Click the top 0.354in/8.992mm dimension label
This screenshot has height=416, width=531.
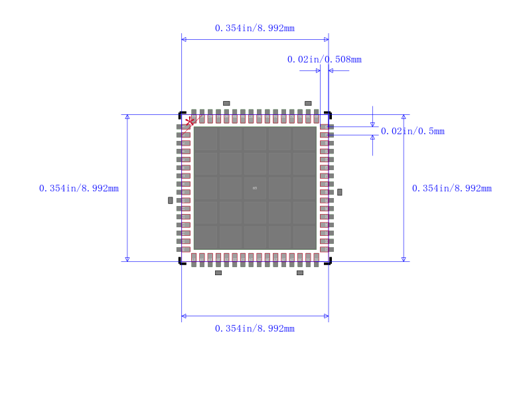tap(254, 28)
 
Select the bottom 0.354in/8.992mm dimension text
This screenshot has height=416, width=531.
tap(254, 328)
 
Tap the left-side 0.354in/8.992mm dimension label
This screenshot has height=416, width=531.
tap(78, 188)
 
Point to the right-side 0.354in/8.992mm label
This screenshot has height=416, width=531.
tap(451, 188)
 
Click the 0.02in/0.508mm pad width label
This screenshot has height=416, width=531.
tap(324, 59)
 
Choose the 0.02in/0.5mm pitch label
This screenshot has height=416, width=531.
tap(412, 131)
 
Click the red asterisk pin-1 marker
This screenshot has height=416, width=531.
tap(190, 121)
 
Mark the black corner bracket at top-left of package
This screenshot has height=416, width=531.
tap(181, 114)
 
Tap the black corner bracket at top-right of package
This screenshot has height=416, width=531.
tap(329, 114)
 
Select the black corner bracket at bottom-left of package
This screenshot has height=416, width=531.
tap(181, 261)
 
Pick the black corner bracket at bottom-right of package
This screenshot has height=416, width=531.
tap(329, 261)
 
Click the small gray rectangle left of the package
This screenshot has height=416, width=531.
tap(171, 200)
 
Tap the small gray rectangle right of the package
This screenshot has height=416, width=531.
tap(339, 192)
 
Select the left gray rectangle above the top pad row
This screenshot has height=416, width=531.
tap(226, 103)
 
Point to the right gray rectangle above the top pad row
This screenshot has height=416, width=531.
tap(308, 103)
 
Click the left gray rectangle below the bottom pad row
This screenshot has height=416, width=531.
tap(218, 272)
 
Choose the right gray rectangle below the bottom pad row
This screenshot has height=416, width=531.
tap(300, 272)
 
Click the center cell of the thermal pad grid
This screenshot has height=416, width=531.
tap(255, 188)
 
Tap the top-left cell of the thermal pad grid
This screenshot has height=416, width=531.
tap(206, 139)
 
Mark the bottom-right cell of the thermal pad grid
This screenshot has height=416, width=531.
tap(304, 237)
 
